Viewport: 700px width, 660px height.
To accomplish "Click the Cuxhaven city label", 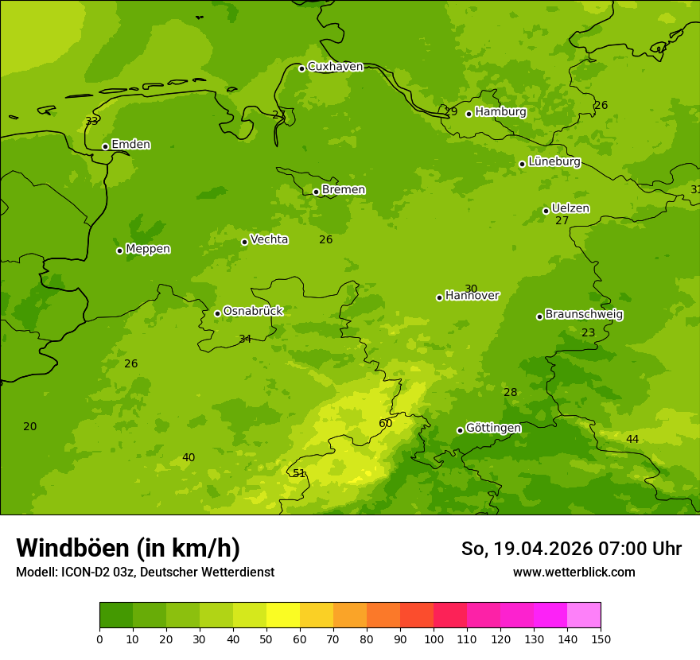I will point(335,67).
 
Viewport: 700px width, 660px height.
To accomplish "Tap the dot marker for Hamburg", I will point(469,114).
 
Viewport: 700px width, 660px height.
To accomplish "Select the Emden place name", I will point(130,145).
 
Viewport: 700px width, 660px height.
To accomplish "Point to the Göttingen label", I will point(493,428).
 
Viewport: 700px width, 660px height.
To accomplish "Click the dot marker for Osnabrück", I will point(217,313).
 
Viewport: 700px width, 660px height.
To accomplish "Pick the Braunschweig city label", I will point(584,314).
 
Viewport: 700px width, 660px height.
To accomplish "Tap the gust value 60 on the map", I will point(386,423).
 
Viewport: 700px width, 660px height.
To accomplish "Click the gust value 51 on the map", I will point(299,473).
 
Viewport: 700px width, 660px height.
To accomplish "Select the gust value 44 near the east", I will point(632,439).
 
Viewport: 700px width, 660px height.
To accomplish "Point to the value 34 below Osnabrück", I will point(245,339).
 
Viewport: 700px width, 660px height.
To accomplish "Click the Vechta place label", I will point(269,239).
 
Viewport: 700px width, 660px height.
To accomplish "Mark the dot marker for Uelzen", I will point(546,211).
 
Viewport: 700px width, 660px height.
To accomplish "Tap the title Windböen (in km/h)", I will point(128,548).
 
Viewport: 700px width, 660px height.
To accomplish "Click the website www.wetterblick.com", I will point(574,572).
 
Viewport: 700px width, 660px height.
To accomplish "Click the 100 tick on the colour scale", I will point(434,639).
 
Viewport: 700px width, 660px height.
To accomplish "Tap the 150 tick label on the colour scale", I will point(601,639).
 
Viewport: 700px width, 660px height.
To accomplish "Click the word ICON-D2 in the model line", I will point(83,572).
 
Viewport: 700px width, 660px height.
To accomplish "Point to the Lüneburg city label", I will point(554,161).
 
